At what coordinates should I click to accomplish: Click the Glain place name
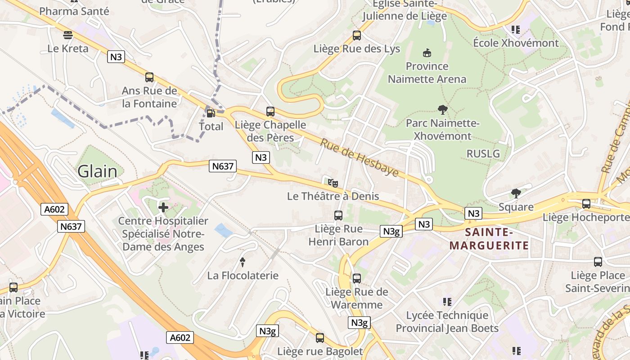point(97,171)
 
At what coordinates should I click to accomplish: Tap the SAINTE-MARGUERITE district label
point(489,239)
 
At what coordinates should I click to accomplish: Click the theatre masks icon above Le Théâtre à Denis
point(333,183)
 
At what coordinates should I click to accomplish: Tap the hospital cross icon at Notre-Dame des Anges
point(163,207)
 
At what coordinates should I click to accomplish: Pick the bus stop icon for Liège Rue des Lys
point(357,35)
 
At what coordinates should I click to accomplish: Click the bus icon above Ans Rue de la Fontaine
point(149,77)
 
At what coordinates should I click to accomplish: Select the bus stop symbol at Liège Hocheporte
point(586,204)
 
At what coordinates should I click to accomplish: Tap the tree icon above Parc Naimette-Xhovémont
point(443,109)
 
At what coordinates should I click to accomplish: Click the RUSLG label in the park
point(483,153)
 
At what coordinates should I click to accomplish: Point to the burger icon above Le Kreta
point(68,35)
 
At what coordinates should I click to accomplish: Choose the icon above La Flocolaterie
point(243,261)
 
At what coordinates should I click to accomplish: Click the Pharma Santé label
point(74,11)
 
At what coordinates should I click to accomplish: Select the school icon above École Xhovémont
point(516,30)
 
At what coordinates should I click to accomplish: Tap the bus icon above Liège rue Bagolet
point(320,337)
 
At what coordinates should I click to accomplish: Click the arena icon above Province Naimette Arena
point(427,53)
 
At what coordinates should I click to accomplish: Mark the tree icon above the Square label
point(516,193)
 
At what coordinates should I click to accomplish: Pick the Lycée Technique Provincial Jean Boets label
point(447,322)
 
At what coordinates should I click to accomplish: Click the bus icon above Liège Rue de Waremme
point(357,279)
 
